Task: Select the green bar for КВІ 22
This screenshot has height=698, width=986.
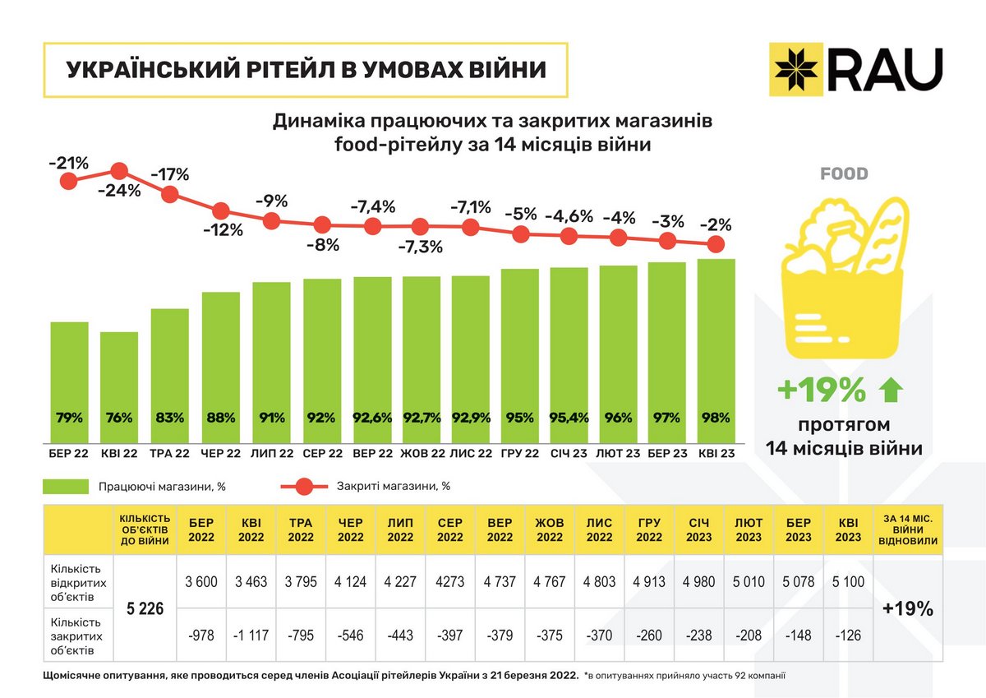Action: click(119, 386)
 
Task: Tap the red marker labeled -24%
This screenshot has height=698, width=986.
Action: click(119, 171)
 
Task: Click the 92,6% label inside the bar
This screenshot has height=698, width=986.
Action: click(373, 418)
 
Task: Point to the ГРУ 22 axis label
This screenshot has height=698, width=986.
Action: click(520, 454)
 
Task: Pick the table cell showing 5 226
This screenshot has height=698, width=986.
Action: click(145, 609)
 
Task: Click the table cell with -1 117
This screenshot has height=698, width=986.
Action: click(251, 636)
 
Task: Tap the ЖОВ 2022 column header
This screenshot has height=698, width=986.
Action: click(550, 529)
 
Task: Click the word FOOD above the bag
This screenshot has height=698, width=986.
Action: click(844, 173)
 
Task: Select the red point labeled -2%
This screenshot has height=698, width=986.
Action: click(716, 244)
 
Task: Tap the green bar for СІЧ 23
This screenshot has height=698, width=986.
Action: click(569, 354)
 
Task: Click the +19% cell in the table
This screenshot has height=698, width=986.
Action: click(907, 609)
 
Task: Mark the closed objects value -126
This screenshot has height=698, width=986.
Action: click(848, 636)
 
